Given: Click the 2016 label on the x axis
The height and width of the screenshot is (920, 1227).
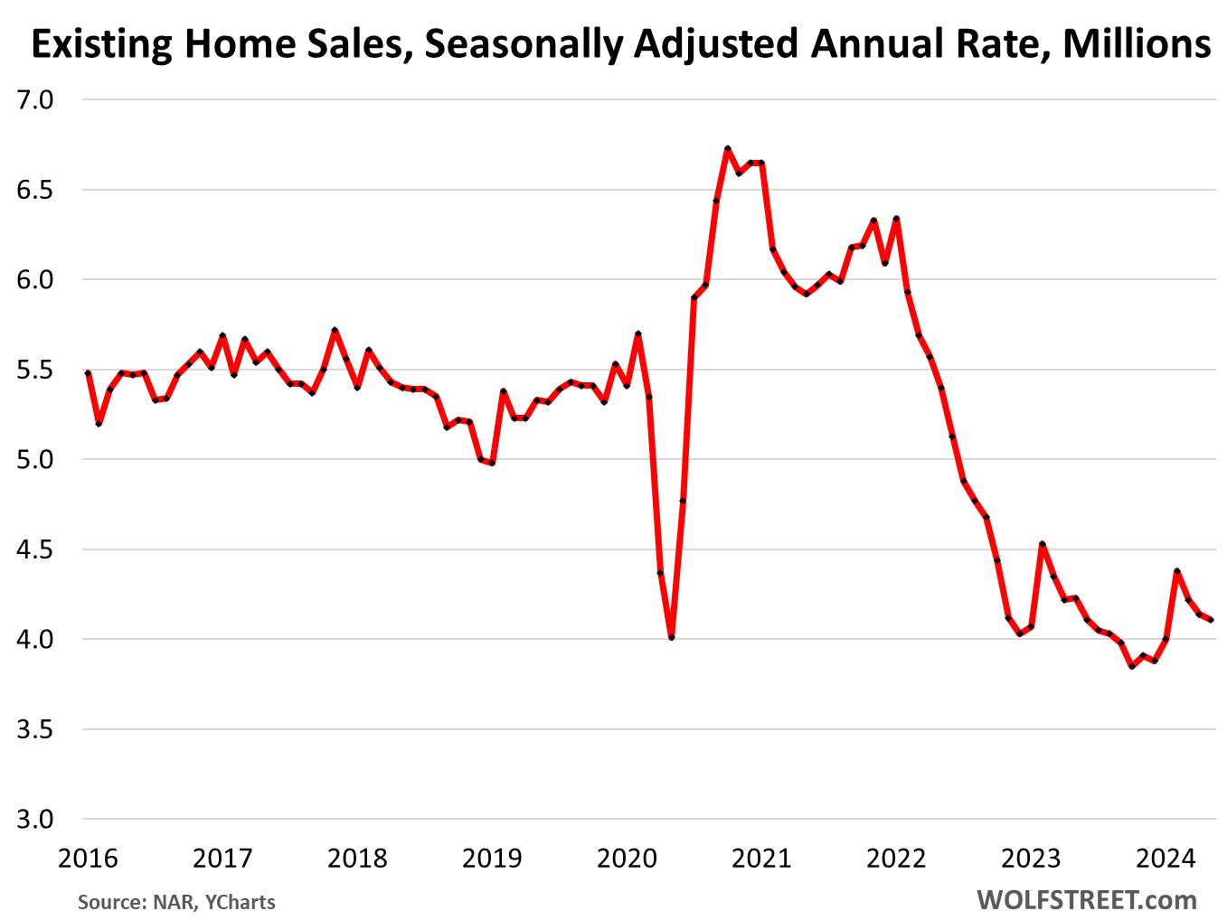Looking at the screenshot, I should (x=88, y=858).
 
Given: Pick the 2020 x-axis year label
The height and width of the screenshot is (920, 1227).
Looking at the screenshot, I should (x=627, y=858).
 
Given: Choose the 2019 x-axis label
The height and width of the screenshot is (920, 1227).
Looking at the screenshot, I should (x=492, y=858).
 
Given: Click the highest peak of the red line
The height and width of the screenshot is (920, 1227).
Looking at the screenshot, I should (x=727, y=149).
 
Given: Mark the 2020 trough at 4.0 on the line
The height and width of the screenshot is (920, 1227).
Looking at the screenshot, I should (x=671, y=638).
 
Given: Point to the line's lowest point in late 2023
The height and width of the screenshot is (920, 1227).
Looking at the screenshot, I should (x=1131, y=666).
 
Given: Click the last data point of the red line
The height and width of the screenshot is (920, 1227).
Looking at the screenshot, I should (x=1211, y=620).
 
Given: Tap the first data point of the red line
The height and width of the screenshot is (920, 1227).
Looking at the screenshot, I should (x=88, y=372).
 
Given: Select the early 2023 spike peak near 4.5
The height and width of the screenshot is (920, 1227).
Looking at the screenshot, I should (x=1042, y=544).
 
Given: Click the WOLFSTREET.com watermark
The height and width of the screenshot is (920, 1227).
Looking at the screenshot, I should (x=1087, y=900).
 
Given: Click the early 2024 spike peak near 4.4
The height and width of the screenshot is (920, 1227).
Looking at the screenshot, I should (x=1176, y=571).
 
